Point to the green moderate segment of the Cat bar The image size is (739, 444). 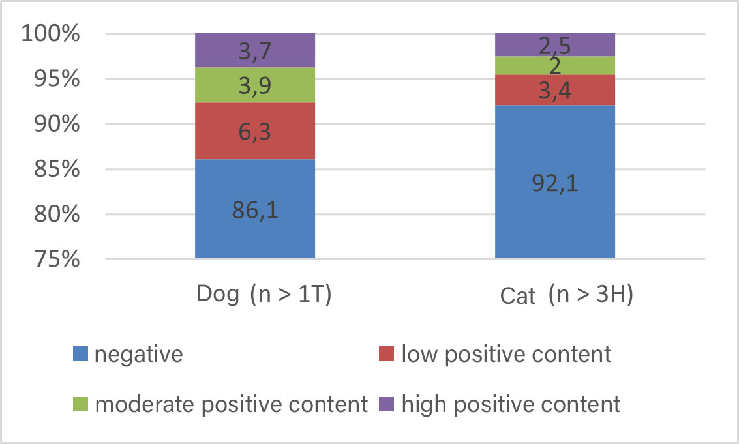555,65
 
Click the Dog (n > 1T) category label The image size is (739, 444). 265,295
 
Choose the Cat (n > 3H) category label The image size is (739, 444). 567,295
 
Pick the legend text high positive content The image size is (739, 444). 511,404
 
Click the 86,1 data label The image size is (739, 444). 255,212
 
